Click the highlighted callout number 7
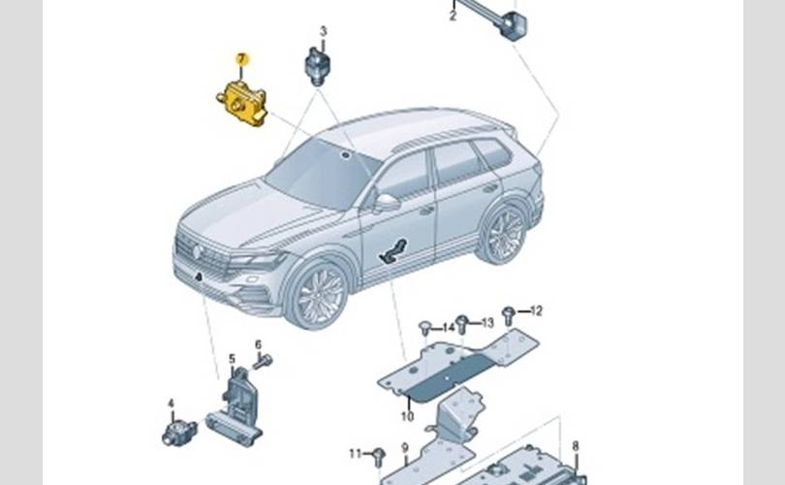click(x=241, y=60)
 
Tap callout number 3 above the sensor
click(x=323, y=32)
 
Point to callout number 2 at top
click(x=453, y=16)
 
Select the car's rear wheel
click(x=504, y=234)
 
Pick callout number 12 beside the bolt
click(x=536, y=311)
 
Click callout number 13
click(x=487, y=321)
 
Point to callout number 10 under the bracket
click(x=407, y=416)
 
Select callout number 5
click(x=232, y=359)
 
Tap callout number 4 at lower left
click(x=171, y=403)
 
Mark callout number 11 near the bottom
click(x=356, y=453)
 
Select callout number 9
click(x=405, y=447)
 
